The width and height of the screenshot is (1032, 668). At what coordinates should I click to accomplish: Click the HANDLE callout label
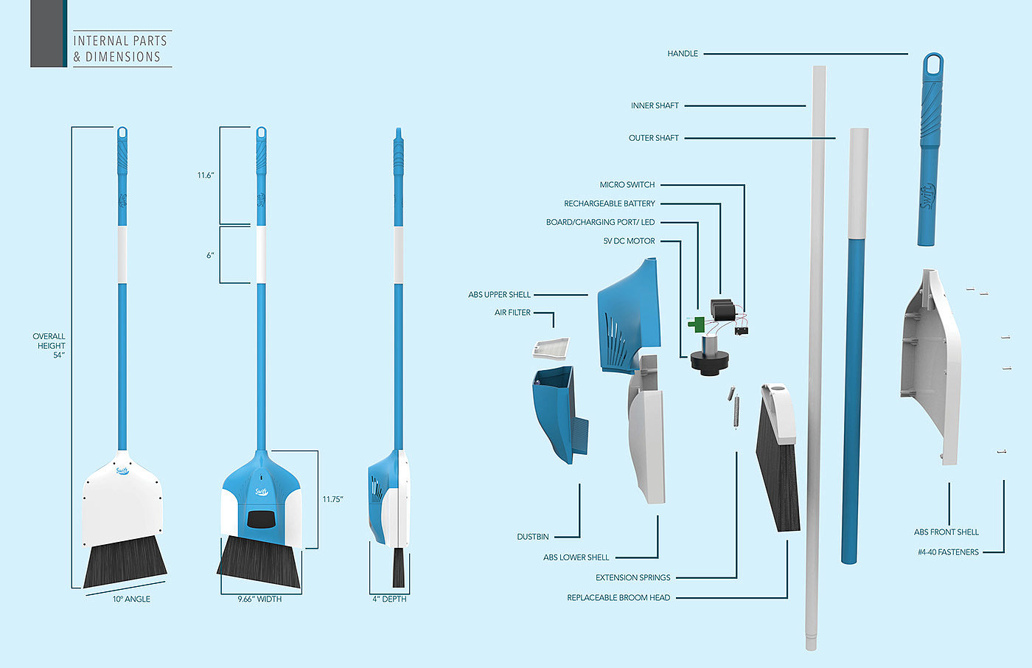pos(683,54)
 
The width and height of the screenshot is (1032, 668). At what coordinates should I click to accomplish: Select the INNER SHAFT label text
pos(655,106)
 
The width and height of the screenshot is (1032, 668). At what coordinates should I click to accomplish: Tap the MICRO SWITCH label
pos(627,185)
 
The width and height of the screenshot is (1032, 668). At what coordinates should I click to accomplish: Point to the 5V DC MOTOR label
pos(629,241)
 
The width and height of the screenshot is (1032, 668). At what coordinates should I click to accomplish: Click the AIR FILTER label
pos(512,313)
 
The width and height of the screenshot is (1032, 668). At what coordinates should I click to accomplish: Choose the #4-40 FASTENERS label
pos(948,552)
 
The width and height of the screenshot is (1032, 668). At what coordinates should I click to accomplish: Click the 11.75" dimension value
pos(332,500)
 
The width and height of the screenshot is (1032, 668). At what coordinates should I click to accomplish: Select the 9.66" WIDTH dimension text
pos(259,599)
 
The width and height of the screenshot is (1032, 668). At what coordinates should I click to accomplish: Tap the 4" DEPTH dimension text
pos(389,599)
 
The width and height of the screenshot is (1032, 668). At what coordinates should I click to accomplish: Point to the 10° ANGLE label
pos(131,599)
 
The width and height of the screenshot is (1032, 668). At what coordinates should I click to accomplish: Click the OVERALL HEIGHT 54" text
pos(49,346)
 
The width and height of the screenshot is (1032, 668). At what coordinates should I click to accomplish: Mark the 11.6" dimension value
pos(205,175)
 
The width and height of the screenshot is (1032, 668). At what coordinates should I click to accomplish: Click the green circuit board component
pos(696,323)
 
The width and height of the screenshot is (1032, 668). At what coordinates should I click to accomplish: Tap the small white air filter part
pos(550,347)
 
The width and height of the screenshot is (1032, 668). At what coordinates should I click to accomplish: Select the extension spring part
pos(734,406)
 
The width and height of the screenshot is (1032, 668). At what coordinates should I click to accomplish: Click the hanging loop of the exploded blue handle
pos(933,64)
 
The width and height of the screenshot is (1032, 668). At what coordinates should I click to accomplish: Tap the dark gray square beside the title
pos(48,33)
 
